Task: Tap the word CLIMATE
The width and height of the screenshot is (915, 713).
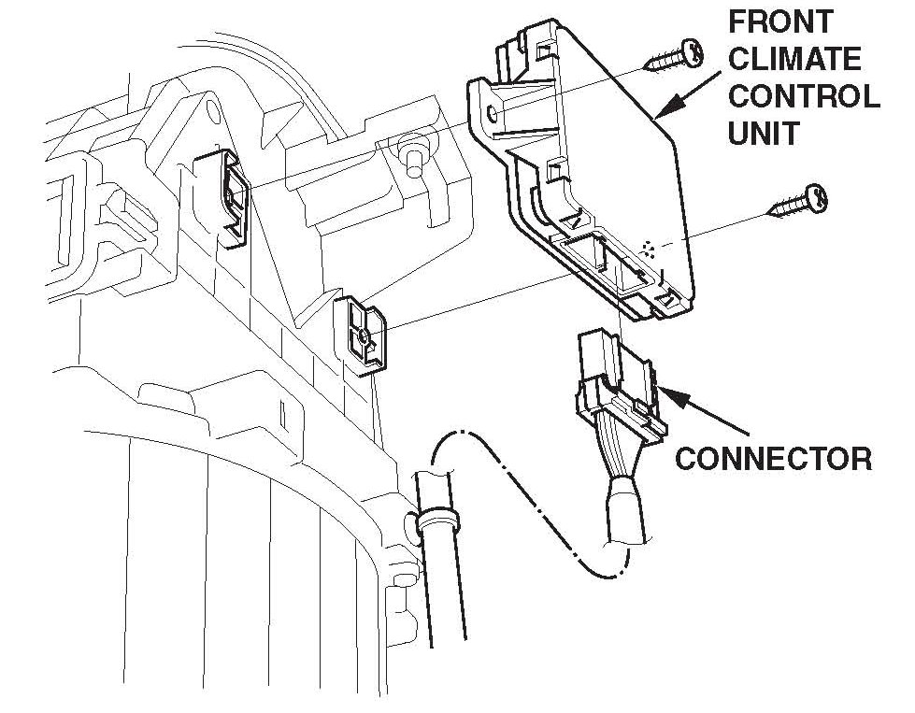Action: [x=794, y=58]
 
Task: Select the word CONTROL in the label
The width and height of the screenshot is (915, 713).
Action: [x=803, y=96]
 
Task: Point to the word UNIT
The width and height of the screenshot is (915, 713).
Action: [x=763, y=133]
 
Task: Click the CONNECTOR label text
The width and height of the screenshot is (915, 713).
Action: [x=774, y=459]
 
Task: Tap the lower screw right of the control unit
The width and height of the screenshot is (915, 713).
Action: [x=798, y=200]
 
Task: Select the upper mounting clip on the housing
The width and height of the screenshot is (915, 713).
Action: [x=232, y=199]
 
